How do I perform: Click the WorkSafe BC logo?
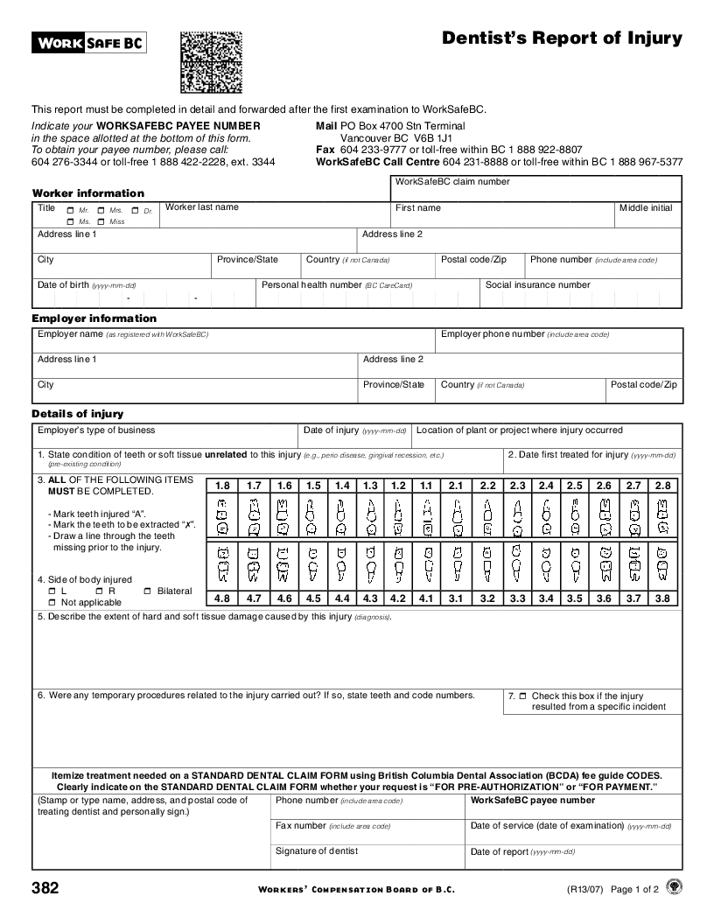pyautogui.click(x=89, y=42)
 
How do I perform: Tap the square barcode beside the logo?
pyautogui.click(x=210, y=62)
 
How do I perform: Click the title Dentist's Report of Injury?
pyautogui.click(x=562, y=38)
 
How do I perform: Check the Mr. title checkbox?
pyautogui.click(x=70, y=211)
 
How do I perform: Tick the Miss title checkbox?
pyautogui.click(x=101, y=222)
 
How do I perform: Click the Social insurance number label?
pyautogui.click(x=538, y=284)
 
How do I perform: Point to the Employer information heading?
pyautogui.click(x=94, y=318)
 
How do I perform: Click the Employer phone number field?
pyautogui.click(x=558, y=344)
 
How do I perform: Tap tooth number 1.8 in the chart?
pyautogui.click(x=222, y=486)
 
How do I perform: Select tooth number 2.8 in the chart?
pyautogui.click(x=662, y=486)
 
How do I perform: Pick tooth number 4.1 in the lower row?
pyautogui.click(x=426, y=598)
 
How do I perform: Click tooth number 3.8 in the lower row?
pyautogui.click(x=662, y=598)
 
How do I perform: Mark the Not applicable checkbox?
pyautogui.click(x=52, y=603)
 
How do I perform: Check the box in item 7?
pyautogui.click(x=522, y=696)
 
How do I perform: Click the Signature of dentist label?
pyautogui.click(x=317, y=850)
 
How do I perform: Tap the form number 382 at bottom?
pyautogui.click(x=45, y=889)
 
